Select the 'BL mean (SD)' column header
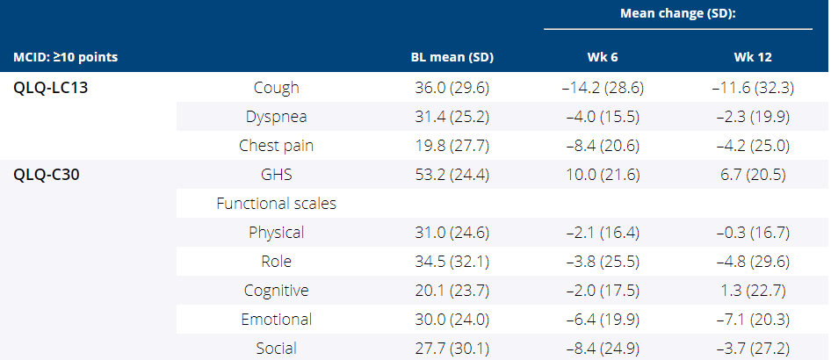click(x=452, y=58)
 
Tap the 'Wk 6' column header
click(x=603, y=58)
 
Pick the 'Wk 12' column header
click(x=753, y=58)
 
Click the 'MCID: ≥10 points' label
click(x=66, y=58)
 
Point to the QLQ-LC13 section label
click(x=51, y=88)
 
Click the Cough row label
click(x=276, y=88)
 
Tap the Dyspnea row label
click(x=276, y=117)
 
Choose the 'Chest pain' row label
click(x=276, y=146)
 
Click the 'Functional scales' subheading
click(x=276, y=204)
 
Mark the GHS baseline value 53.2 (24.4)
click(x=452, y=175)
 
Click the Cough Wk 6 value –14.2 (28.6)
click(x=603, y=88)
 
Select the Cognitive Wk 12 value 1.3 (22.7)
click(x=753, y=291)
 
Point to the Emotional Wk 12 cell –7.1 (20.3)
click(x=753, y=320)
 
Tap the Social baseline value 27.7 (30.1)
click(x=452, y=349)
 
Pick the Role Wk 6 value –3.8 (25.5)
click(x=603, y=262)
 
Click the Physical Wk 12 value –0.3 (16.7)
click(x=753, y=233)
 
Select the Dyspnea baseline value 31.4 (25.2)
click(x=452, y=117)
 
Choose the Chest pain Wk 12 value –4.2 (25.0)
click(x=753, y=146)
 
